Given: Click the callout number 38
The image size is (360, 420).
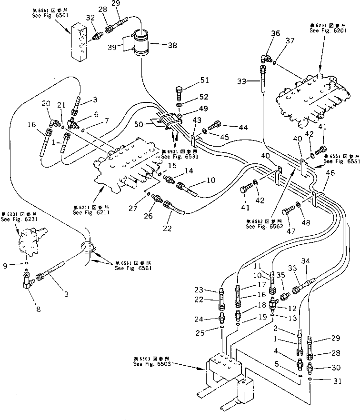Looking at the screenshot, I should pyautogui.click(x=172, y=46).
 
